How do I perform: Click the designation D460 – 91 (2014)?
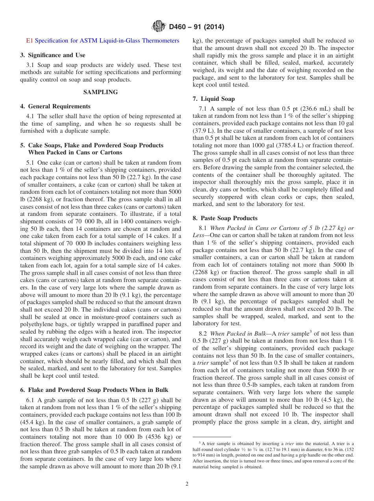(196, 27)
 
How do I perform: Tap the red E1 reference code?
(30, 41)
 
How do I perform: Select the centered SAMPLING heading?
(100, 92)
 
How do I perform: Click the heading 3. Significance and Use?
(53, 55)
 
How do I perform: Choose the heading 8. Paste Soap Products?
(225, 218)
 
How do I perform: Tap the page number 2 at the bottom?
(187, 484)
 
